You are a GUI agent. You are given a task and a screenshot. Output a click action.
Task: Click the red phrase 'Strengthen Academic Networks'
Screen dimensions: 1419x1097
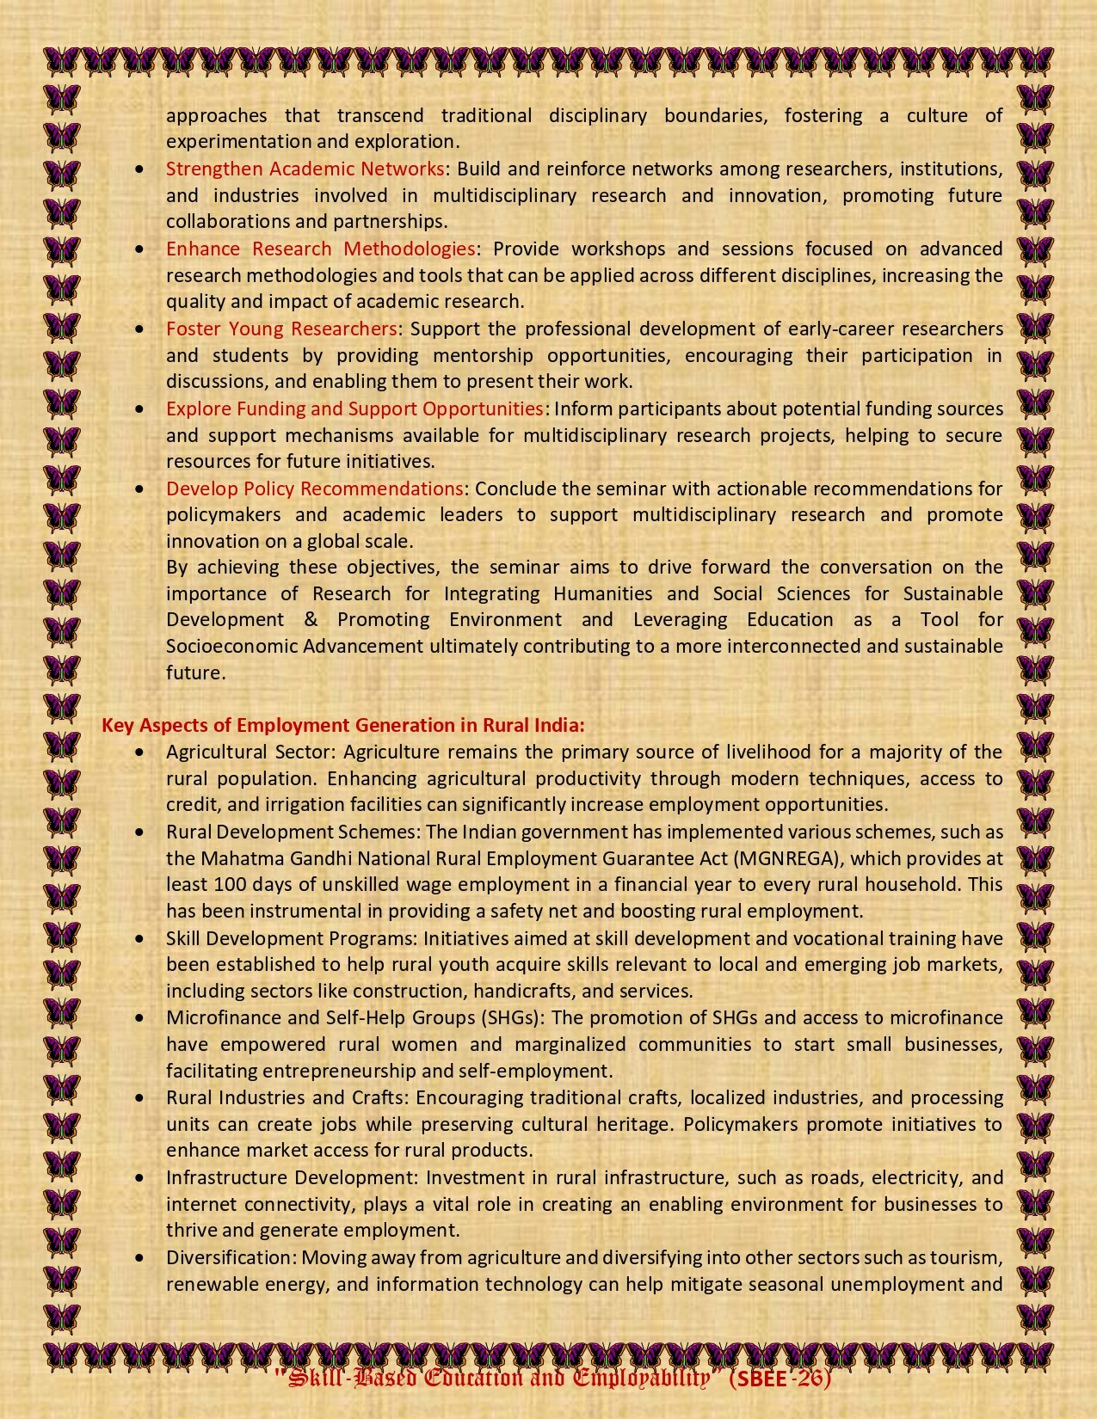click(x=305, y=168)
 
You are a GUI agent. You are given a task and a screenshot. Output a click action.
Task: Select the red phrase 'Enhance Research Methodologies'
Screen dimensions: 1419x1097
click(x=320, y=249)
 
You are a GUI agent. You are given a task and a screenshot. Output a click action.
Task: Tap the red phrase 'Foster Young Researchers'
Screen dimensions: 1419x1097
click(x=281, y=329)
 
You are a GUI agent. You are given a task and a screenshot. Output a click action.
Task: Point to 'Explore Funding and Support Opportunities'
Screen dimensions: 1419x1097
click(x=354, y=408)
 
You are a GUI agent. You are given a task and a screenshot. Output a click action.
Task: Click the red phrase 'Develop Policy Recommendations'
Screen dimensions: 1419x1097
click(x=315, y=488)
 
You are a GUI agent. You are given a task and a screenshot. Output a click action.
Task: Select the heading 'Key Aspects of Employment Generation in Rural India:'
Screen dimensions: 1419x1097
click(x=343, y=725)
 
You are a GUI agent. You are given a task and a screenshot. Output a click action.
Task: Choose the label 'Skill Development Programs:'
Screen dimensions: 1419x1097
click(x=292, y=938)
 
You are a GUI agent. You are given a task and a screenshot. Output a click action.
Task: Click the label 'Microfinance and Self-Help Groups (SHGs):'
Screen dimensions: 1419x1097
click(x=355, y=1017)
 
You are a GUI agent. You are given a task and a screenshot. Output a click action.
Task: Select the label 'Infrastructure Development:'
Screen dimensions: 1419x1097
click(x=293, y=1177)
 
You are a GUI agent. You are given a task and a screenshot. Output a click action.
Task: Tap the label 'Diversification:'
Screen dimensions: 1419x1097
click(x=231, y=1257)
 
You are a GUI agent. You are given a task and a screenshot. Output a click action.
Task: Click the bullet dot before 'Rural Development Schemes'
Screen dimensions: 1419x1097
click(x=140, y=832)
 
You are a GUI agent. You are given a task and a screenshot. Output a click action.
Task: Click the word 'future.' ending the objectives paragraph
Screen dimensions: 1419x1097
click(x=195, y=673)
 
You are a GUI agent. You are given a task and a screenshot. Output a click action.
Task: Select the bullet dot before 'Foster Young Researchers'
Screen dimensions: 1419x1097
click(x=140, y=329)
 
